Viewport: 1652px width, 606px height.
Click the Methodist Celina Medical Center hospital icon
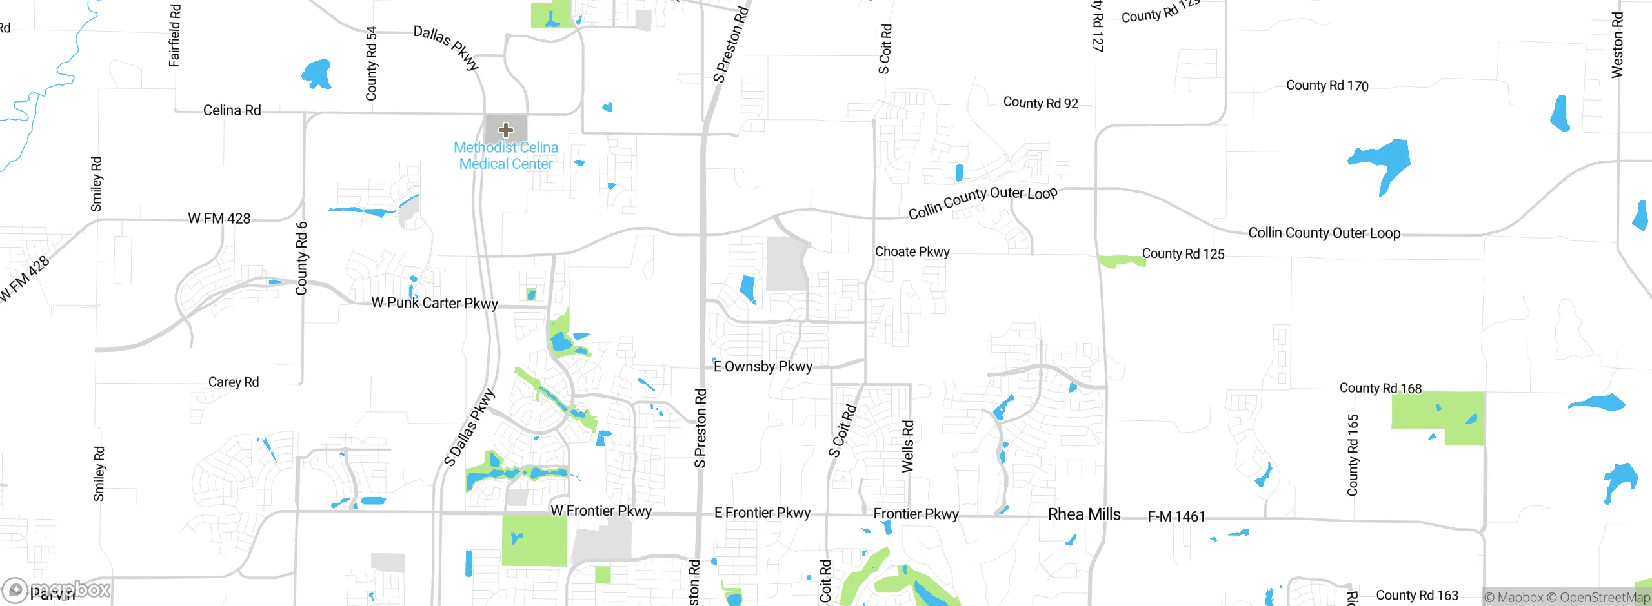[506, 130]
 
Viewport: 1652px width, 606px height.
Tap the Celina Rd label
[232, 110]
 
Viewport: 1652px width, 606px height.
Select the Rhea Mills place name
[1084, 514]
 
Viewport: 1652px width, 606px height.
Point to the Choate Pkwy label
[912, 251]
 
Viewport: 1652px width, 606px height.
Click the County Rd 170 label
[1327, 85]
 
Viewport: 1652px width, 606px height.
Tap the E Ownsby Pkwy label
[763, 366]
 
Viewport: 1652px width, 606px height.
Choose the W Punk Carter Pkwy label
[434, 302]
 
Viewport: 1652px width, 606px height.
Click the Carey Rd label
[233, 382]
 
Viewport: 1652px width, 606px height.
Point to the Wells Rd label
[907, 446]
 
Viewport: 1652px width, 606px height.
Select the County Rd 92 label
[1040, 103]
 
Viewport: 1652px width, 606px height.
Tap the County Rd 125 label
[1183, 253]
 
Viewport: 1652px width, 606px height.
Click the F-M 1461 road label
[1176, 516]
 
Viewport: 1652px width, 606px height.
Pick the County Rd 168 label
[1380, 387]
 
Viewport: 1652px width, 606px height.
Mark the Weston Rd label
[1617, 45]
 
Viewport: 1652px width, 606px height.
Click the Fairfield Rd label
[174, 35]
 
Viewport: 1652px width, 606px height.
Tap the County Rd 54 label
[371, 63]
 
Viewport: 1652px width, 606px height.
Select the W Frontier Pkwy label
[601, 511]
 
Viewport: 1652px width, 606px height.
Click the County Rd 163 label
[1416, 595]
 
